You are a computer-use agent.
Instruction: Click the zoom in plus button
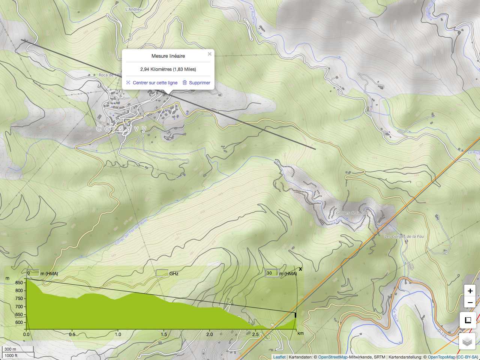(x=470, y=291)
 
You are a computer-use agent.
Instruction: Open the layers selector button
(x=467, y=342)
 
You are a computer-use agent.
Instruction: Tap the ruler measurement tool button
(x=468, y=320)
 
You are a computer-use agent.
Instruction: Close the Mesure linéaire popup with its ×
(x=210, y=54)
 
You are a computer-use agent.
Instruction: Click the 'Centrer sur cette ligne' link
(x=155, y=83)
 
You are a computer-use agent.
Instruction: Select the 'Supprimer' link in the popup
(x=199, y=83)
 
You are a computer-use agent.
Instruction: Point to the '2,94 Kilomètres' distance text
(x=156, y=69)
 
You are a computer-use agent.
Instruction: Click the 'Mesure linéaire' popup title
(x=168, y=56)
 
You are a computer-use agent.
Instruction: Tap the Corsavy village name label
(x=122, y=128)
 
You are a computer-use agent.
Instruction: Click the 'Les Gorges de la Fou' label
(x=404, y=237)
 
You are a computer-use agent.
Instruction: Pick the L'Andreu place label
(x=133, y=9)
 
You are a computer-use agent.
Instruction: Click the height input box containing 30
(x=271, y=273)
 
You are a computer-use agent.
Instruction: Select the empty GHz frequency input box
(x=162, y=273)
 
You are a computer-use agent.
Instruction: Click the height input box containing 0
(x=33, y=273)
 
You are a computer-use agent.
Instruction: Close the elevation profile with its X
(x=300, y=269)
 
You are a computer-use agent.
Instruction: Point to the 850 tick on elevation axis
(x=19, y=283)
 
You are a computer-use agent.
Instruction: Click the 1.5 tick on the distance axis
(x=164, y=334)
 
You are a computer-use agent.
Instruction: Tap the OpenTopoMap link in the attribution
(x=441, y=357)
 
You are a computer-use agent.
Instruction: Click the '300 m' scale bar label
(x=10, y=349)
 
